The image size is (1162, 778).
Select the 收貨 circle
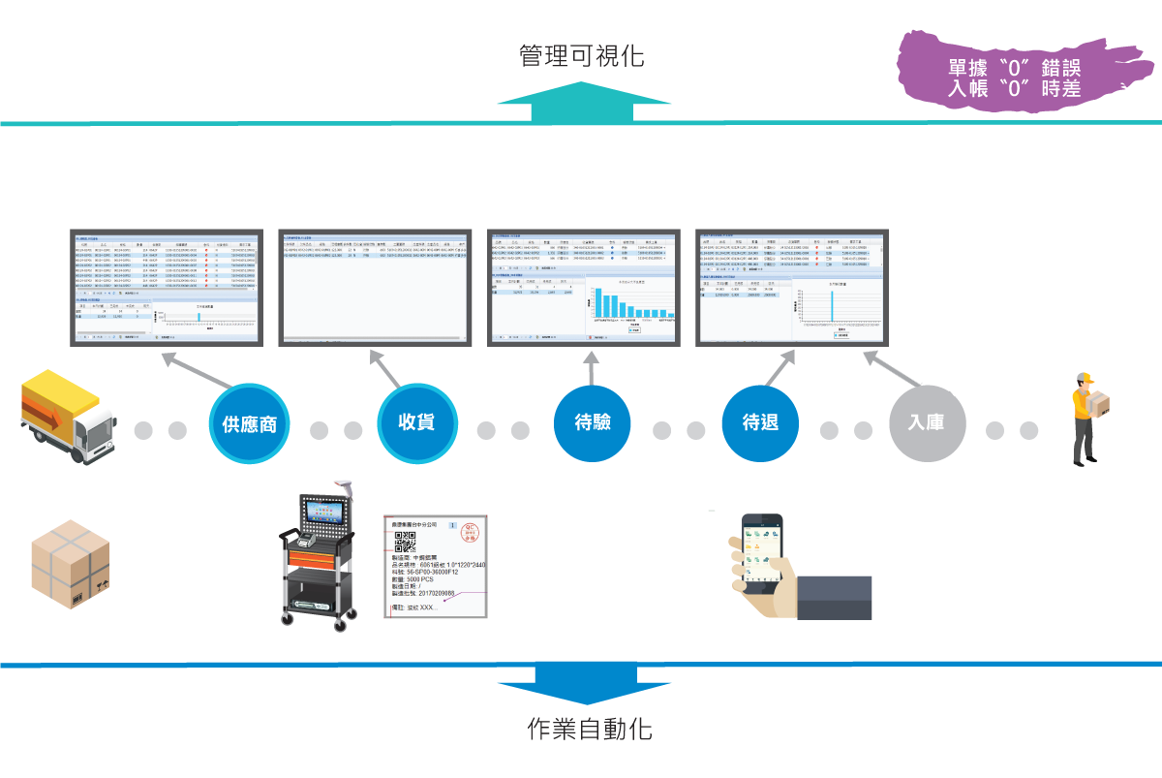tap(416, 422)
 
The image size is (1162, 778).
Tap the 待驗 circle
tap(591, 423)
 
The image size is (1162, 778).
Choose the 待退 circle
tap(761, 423)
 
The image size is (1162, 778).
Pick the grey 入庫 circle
tap(928, 423)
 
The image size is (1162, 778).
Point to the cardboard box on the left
tap(70, 564)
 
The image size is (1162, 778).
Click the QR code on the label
tap(405, 542)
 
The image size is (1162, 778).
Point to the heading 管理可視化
tap(581, 55)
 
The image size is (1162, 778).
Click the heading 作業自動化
tap(590, 729)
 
